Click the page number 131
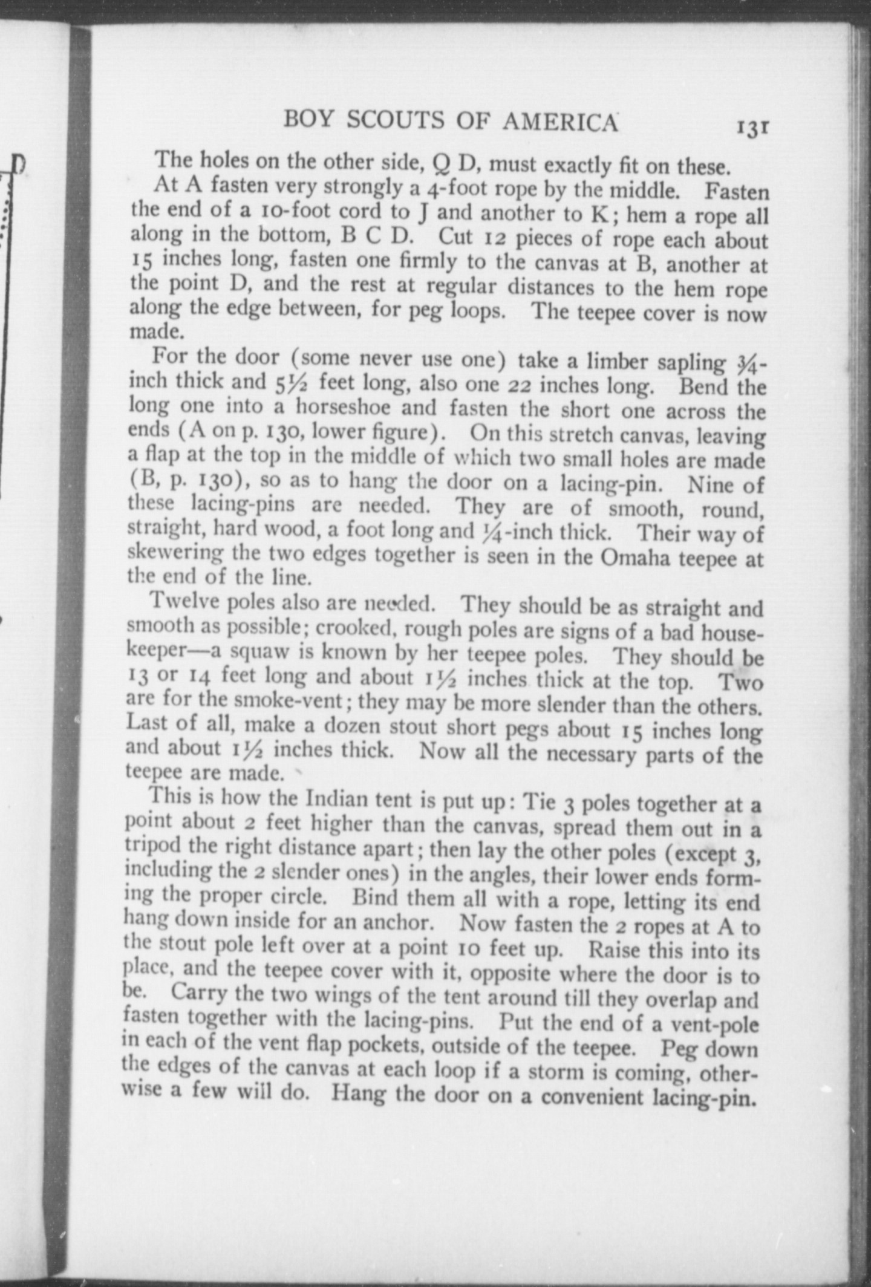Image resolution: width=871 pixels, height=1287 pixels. pos(752,128)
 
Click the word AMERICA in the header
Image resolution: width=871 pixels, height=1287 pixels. pos(560,122)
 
